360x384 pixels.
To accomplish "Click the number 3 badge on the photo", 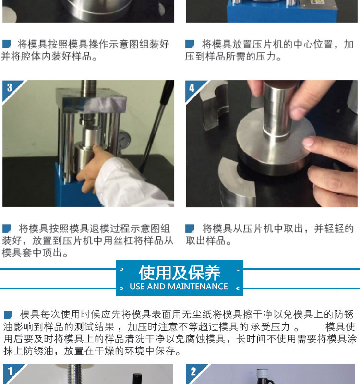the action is (10, 88).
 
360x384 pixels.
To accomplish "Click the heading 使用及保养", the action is (180, 273).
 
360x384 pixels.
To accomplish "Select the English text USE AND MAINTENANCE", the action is (179, 286).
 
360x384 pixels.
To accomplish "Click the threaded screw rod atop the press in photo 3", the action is (89, 88).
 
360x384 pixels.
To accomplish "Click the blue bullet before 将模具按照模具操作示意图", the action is (6, 44).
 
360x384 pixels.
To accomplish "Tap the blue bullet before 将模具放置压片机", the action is (190, 44).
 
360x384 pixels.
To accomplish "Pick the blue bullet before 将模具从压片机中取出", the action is (190, 228).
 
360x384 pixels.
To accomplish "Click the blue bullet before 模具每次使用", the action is (8, 315).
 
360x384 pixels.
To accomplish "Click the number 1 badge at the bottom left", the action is (10, 371).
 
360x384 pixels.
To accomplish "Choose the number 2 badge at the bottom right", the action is (193, 371).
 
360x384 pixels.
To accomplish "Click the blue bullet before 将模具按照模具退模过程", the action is (6, 228).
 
